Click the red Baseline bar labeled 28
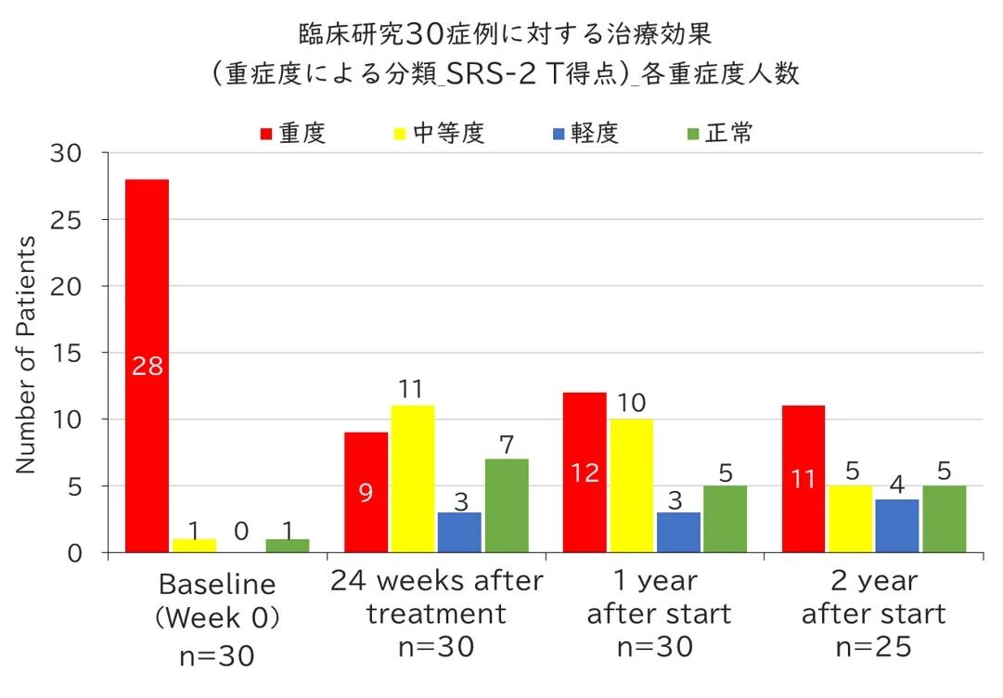[147, 366]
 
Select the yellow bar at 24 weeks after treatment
[411, 479]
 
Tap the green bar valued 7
[507, 506]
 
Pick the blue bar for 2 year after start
[896, 525]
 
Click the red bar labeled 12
[585, 472]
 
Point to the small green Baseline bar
[288, 546]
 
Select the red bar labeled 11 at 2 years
[803, 479]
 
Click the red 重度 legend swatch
[265, 135]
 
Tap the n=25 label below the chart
[872, 647]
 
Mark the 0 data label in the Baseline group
[241, 531]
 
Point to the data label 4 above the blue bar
[896, 485]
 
